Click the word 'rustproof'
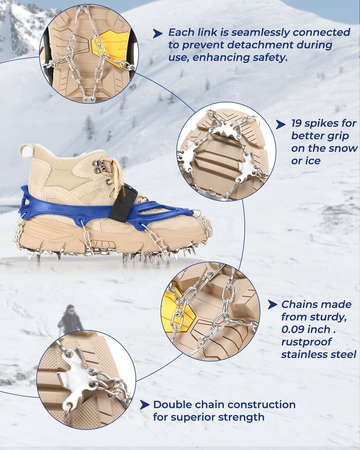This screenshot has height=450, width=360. (x=306, y=342)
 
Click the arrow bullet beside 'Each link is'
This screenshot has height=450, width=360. (x=157, y=34)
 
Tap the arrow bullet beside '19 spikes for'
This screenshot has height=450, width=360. (x=280, y=125)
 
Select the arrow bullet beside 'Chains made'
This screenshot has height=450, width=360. (x=272, y=305)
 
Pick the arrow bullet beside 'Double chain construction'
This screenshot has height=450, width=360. (x=144, y=405)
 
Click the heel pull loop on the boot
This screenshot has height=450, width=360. (x=27, y=151)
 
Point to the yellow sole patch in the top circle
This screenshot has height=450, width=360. (x=111, y=47)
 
